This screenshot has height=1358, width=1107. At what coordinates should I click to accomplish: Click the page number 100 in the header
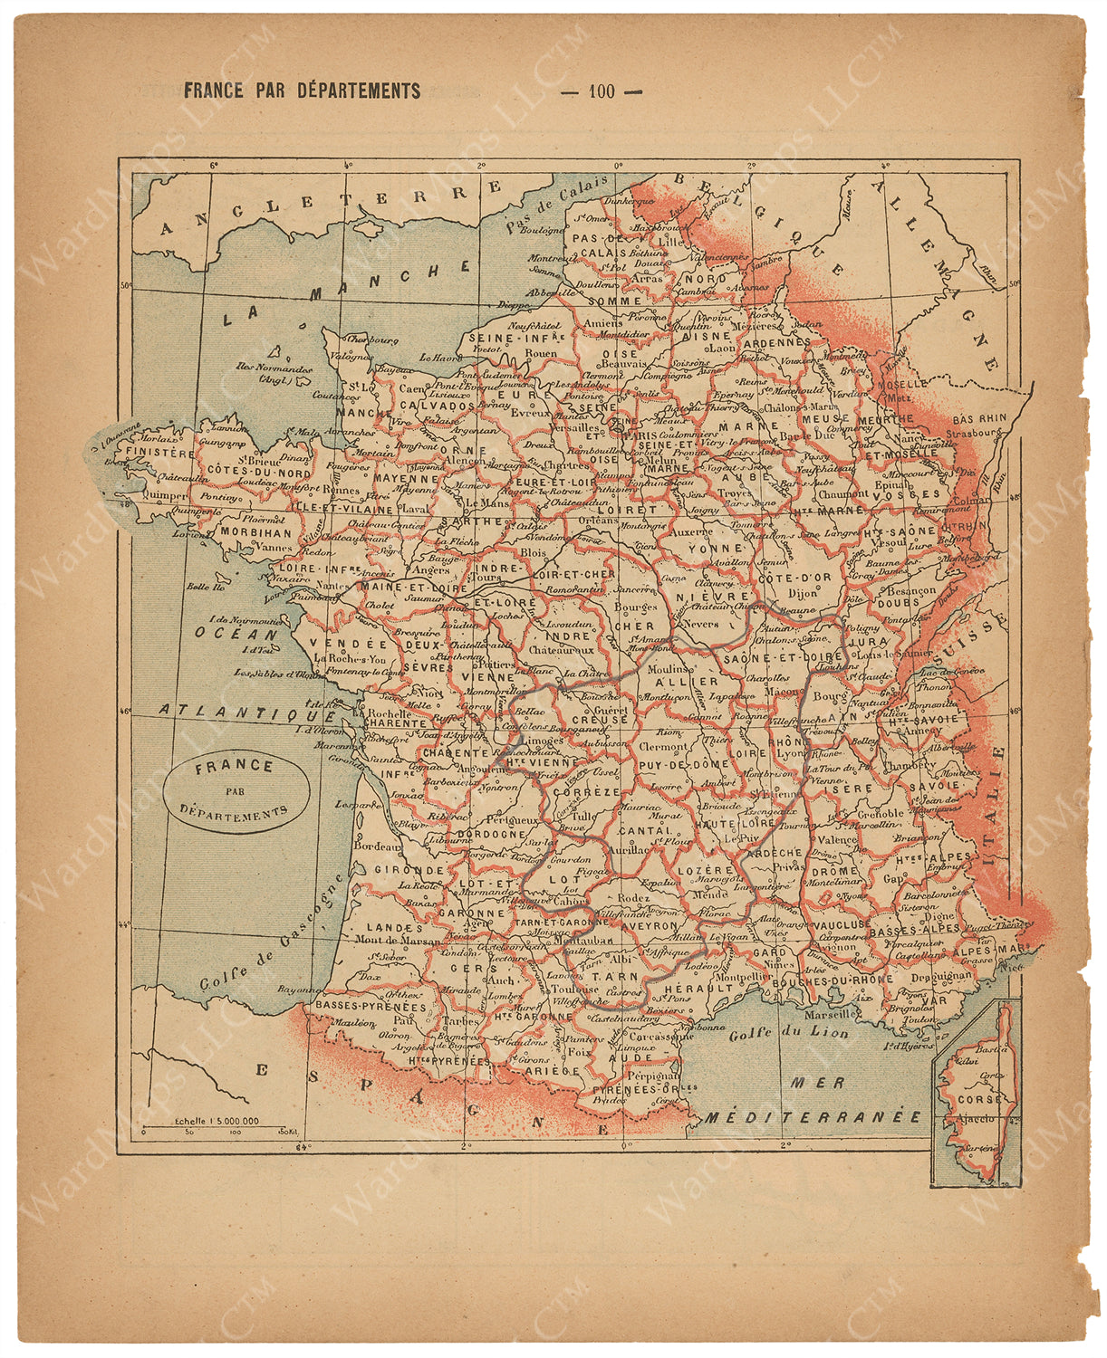pos(601,91)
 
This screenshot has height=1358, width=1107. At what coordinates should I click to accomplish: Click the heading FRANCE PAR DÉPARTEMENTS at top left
pos(302,91)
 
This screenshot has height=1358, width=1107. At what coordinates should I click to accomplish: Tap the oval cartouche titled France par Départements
pos(237,789)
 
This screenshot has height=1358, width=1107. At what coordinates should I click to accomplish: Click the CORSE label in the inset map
pos(979,1099)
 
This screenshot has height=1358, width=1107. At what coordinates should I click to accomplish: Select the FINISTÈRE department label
pos(160,452)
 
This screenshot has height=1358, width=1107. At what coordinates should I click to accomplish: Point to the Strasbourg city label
pos(976,433)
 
